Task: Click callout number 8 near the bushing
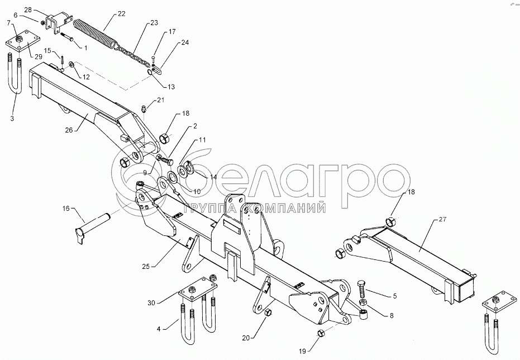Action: [x=391, y=316]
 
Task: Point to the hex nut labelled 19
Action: [x=322, y=334]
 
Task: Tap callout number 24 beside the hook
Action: [x=185, y=42]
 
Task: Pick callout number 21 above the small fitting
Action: [x=161, y=100]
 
